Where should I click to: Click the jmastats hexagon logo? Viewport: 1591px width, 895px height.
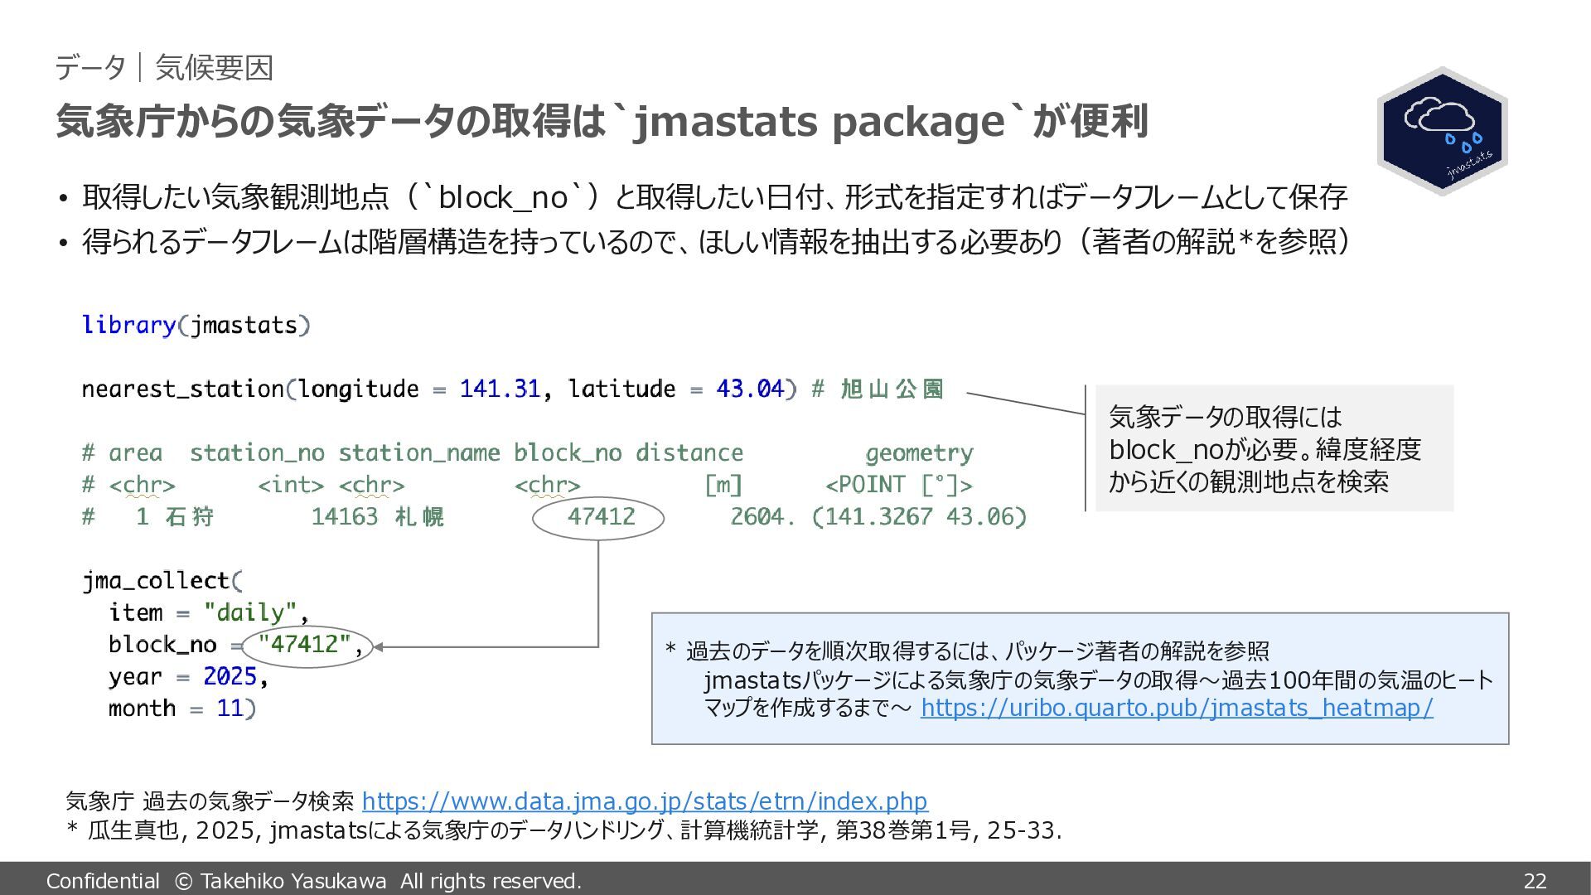(x=1442, y=131)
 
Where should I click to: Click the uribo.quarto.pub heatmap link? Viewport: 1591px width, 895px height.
(x=1177, y=708)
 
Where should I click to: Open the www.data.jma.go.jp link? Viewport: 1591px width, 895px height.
(x=645, y=801)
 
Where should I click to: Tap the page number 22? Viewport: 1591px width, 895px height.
(x=1535, y=880)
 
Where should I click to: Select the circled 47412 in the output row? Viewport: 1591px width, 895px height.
(x=601, y=516)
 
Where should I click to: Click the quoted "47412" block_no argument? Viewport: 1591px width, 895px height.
(x=304, y=644)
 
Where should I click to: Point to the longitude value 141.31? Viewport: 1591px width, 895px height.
(x=500, y=389)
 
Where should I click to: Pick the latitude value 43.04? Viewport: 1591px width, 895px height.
(x=750, y=389)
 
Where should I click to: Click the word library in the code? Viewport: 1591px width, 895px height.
(x=128, y=325)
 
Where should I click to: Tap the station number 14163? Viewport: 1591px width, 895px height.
(x=345, y=516)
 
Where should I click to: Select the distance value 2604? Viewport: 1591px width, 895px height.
(x=762, y=516)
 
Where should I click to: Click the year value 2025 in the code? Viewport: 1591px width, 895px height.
(x=230, y=676)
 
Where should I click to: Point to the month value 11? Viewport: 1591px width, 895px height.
(x=230, y=709)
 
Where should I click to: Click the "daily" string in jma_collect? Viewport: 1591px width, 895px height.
(x=250, y=612)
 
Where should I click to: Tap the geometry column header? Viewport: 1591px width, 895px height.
(x=919, y=453)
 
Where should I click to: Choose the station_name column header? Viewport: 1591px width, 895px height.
(x=418, y=453)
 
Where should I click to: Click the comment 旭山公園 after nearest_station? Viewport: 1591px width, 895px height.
(x=892, y=389)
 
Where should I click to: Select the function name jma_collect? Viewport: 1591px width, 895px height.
(x=156, y=580)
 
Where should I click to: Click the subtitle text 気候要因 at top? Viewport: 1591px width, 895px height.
(x=214, y=68)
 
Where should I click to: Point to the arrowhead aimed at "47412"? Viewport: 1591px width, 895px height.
(x=379, y=647)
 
